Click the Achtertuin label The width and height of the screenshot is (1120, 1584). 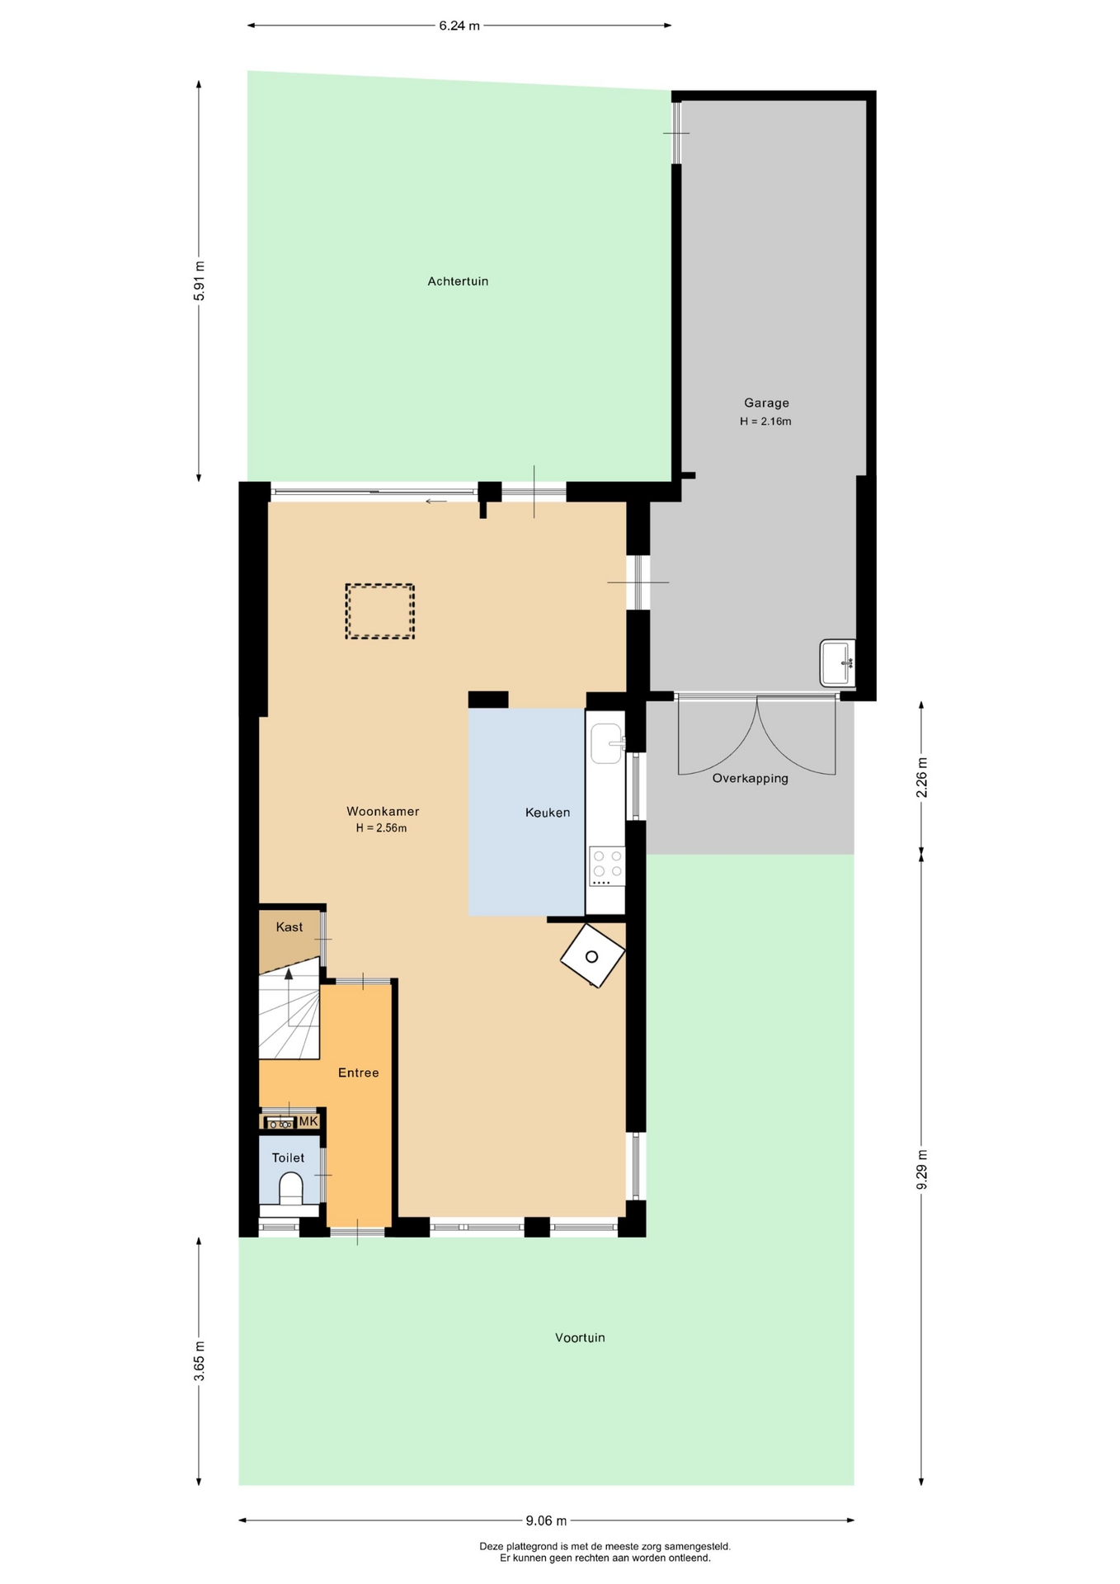(x=458, y=281)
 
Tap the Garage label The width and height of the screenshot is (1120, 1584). (x=766, y=403)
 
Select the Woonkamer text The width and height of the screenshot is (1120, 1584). (x=383, y=812)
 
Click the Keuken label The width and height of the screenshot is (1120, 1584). (x=548, y=813)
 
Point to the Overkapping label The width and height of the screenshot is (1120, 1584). (x=751, y=779)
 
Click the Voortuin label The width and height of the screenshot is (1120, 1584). (x=580, y=1338)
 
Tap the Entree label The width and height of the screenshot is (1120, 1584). (x=359, y=1072)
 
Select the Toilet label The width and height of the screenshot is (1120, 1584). (x=289, y=1158)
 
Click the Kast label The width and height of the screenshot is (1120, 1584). (x=289, y=927)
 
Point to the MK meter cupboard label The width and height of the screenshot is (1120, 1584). (x=308, y=1122)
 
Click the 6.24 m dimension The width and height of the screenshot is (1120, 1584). (x=459, y=26)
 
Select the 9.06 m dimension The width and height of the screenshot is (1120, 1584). (x=547, y=1520)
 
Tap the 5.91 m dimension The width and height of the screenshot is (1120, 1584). (x=199, y=281)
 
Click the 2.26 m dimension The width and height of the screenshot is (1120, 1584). (x=922, y=777)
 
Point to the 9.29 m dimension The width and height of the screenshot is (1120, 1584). (x=922, y=1169)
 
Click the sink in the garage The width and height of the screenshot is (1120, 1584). (x=838, y=662)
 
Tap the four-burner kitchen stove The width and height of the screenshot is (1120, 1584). (x=607, y=866)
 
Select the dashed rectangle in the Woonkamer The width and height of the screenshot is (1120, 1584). (x=380, y=611)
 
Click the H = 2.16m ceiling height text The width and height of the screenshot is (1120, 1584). (x=765, y=422)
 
